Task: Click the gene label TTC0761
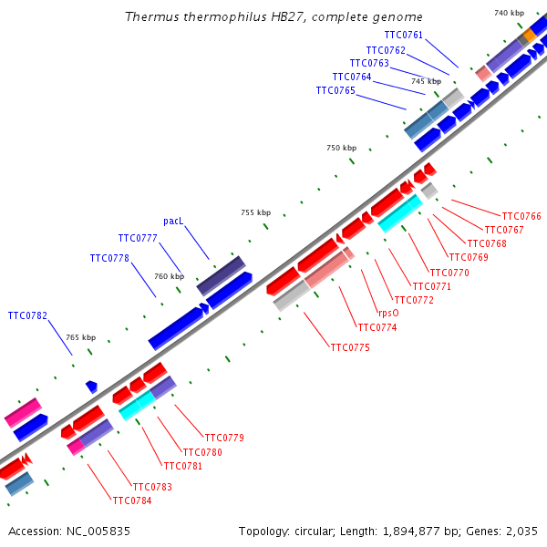tap(404, 35)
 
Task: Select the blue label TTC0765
tap(335, 90)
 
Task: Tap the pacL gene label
tap(173, 221)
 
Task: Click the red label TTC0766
tap(521, 216)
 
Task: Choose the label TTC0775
tap(350, 347)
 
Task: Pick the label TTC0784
tap(132, 501)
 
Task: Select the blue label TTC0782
tap(27, 315)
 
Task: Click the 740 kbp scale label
tap(510, 13)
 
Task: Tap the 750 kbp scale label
tap(342, 148)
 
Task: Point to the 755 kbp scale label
tap(255, 212)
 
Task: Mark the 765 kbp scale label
tap(80, 337)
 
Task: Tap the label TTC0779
tap(224, 438)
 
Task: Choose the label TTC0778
tap(109, 258)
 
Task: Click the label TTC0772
tap(414, 300)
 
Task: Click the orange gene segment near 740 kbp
tap(527, 36)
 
